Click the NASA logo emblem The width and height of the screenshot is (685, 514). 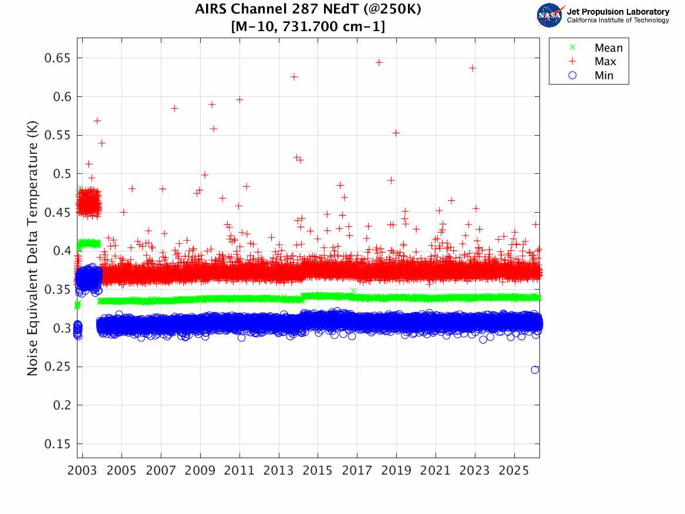pyautogui.click(x=550, y=15)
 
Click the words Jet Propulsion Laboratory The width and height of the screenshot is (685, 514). pyautogui.click(x=617, y=12)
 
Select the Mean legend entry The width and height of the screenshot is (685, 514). pyautogui.click(x=608, y=48)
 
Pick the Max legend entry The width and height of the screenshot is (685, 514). pyautogui.click(x=605, y=62)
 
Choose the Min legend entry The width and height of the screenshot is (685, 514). pyautogui.click(x=604, y=75)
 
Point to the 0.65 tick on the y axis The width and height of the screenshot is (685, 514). pyautogui.click(x=58, y=58)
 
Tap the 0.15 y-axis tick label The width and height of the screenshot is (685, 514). pyautogui.click(x=58, y=444)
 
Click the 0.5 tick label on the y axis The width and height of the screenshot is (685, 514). pyautogui.click(x=61, y=174)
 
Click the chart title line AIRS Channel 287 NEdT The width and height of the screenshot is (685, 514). pyautogui.click(x=308, y=10)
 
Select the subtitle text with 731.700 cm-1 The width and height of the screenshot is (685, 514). pyautogui.click(x=308, y=26)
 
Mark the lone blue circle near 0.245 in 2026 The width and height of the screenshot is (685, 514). pyautogui.click(x=535, y=369)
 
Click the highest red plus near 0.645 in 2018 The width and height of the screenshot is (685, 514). pyautogui.click(x=379, y=62)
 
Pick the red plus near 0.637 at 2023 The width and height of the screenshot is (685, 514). pyautogui.click(x=473, y=68)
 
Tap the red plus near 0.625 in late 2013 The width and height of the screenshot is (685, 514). pyautogui.click(x=294, y=77)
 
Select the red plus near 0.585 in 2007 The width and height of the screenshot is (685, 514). pyautogui.click(x=174, y=108)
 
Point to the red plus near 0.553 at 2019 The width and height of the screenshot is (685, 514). pyautogui.click(x=396, y=133)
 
